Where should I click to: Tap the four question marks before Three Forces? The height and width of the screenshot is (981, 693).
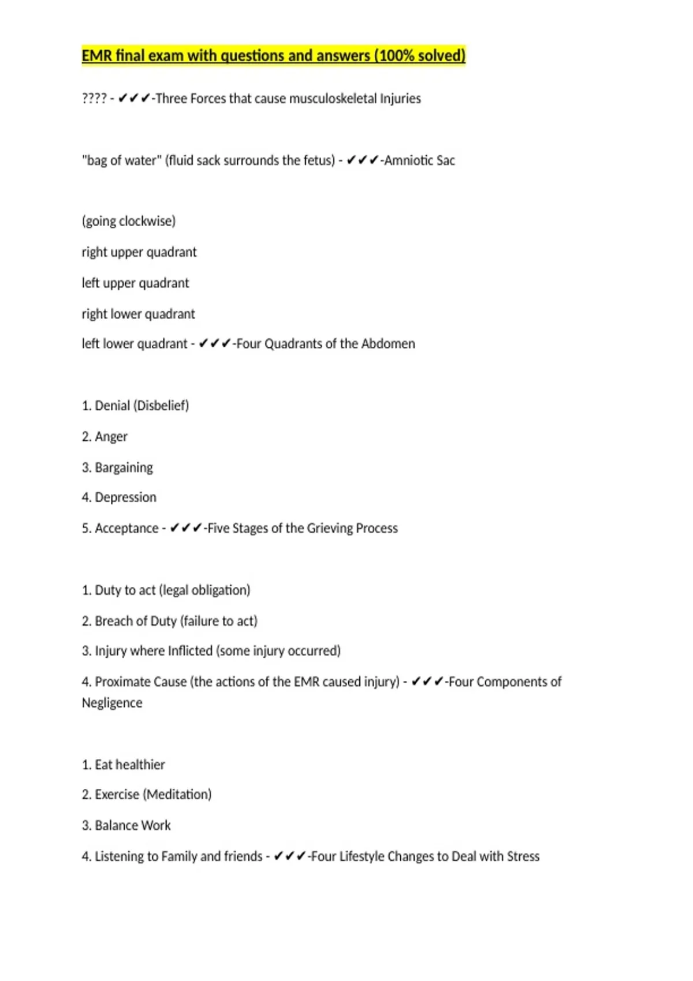point(94,99)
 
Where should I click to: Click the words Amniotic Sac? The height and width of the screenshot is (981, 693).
point(420,160)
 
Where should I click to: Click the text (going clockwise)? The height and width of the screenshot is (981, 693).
point(129,221)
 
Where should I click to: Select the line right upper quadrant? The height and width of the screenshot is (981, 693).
point(139,252)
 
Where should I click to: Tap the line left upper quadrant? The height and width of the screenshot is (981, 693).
point(135,283)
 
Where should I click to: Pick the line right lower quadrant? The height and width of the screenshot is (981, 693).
point(138,314)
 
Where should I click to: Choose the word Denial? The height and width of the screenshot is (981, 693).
point(112,406)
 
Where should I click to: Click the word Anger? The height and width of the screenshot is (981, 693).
point(111,437)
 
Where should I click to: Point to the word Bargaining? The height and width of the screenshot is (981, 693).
point(124,467)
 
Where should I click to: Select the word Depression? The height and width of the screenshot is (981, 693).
point(125,497)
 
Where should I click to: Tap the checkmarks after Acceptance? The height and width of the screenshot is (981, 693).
point(186,528)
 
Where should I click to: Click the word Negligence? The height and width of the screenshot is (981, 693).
point(112,703)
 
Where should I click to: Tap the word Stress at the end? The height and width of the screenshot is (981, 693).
point(523,856)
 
